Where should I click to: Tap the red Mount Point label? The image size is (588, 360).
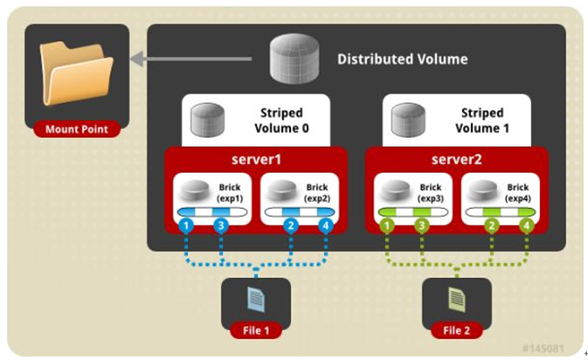[77, 130]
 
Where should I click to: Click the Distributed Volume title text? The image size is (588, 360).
[402, 59]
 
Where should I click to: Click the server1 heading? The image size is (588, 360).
[257, 161]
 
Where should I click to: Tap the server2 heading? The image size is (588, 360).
[456, 161]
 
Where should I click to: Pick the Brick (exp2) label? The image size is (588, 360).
[317, 193]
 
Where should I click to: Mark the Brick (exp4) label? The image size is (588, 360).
[517, 193]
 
